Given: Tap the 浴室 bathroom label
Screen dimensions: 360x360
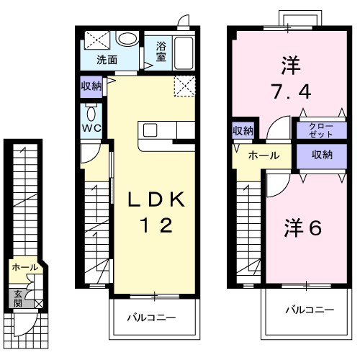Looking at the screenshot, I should coord(161,53).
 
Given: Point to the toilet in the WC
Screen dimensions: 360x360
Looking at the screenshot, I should coord(90,114).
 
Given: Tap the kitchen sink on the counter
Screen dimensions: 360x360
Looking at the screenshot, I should coord(150,130).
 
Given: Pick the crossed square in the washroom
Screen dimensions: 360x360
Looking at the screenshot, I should coord(94,41).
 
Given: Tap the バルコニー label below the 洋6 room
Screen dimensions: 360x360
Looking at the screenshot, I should coord(308,310).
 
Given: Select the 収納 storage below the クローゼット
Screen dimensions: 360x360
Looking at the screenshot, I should coord(321,155).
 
